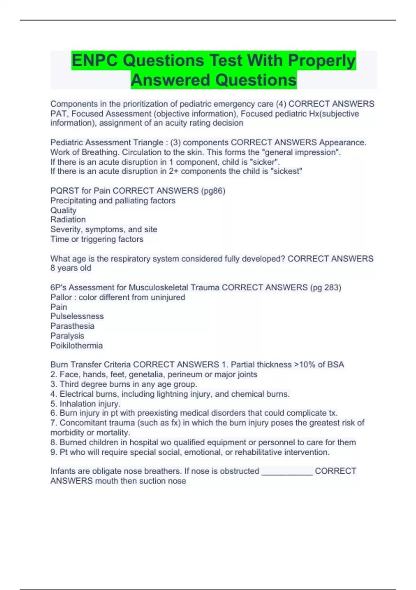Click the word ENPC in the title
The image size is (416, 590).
point(95,60)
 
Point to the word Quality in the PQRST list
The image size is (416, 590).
point(63,210)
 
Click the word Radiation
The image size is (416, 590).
point(68,220)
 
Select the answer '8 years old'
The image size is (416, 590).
point(71,268)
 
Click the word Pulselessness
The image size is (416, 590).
point(77,317)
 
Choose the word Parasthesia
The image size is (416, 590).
point(72,326)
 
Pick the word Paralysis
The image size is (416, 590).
point(67,336)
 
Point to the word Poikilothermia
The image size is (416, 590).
point(76,346)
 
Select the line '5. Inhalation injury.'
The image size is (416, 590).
point(85,404)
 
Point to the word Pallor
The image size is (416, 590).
point(61,297)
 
